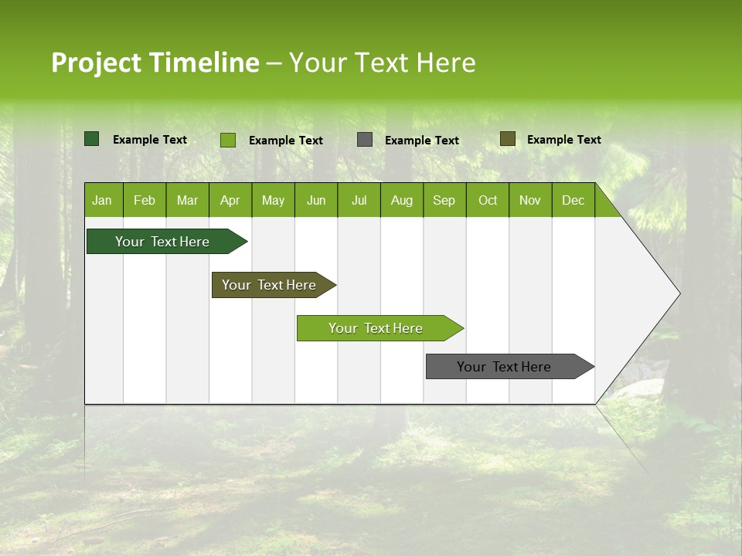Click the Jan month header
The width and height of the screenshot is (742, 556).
102,201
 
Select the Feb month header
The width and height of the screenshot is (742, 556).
145,201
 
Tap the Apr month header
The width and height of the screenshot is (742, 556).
230,201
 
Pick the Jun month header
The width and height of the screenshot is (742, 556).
316,201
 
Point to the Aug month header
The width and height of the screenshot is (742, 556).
401,201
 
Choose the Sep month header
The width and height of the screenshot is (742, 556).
444,201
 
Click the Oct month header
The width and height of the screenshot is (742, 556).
488,201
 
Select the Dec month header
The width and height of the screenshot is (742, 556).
573,201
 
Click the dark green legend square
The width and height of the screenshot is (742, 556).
92,139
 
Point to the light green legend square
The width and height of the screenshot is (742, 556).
228,140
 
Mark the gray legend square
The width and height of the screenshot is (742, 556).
365,140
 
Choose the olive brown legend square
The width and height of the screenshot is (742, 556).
508,139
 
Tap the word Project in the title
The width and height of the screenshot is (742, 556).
96,63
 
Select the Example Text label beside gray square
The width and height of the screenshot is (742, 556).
421,141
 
